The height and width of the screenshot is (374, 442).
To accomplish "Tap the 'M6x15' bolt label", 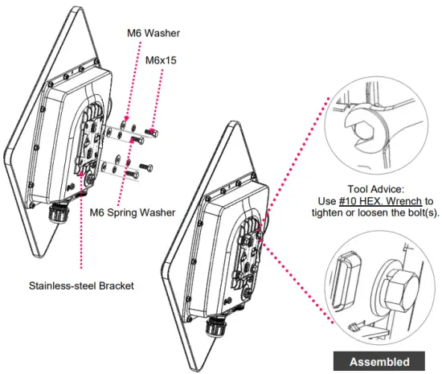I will [x=163, y=60].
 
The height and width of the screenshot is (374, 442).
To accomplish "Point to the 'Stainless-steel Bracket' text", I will [x=82, y=285].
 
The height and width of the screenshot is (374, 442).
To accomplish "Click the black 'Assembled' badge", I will [x=379, y=362].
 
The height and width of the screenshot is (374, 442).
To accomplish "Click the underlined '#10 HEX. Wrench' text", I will [x=376, y=200].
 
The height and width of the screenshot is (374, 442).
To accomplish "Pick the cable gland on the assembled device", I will [x=214, y=324].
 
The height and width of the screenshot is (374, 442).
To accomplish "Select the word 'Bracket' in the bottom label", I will [x=116, y=285].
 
